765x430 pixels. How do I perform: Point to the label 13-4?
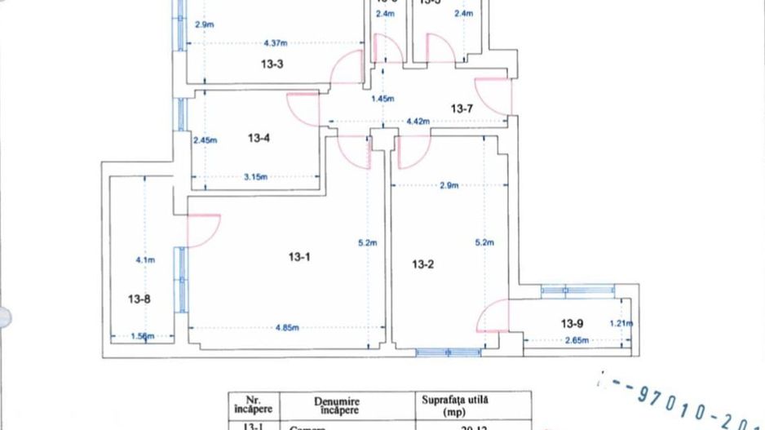[258, 138]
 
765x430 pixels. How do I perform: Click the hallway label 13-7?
[463, 108]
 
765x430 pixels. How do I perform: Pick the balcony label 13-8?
[139, 299]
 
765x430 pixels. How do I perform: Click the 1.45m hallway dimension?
[382, 100]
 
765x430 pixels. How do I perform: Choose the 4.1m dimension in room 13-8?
[144, 260]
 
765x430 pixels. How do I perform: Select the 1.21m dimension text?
[621, 323]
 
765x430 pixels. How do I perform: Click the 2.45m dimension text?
[205, 140]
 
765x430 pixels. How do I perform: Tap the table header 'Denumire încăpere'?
[334, 406]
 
